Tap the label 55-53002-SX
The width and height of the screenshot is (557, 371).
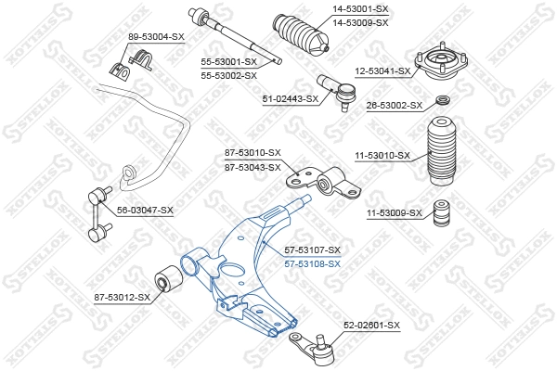tap(228, 74)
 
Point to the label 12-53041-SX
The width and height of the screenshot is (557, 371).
tap(382, 70)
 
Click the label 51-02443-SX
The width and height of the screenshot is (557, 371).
tap(291, 98)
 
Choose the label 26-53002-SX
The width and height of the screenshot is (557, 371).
tap(395, 105)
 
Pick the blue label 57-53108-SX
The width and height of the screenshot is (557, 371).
tap(313, 263)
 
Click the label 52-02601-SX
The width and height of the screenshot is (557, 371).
tap(371, 325)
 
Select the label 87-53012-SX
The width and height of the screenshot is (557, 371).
tap(122, 297)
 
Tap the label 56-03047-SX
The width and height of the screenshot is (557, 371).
tap(145, 211)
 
